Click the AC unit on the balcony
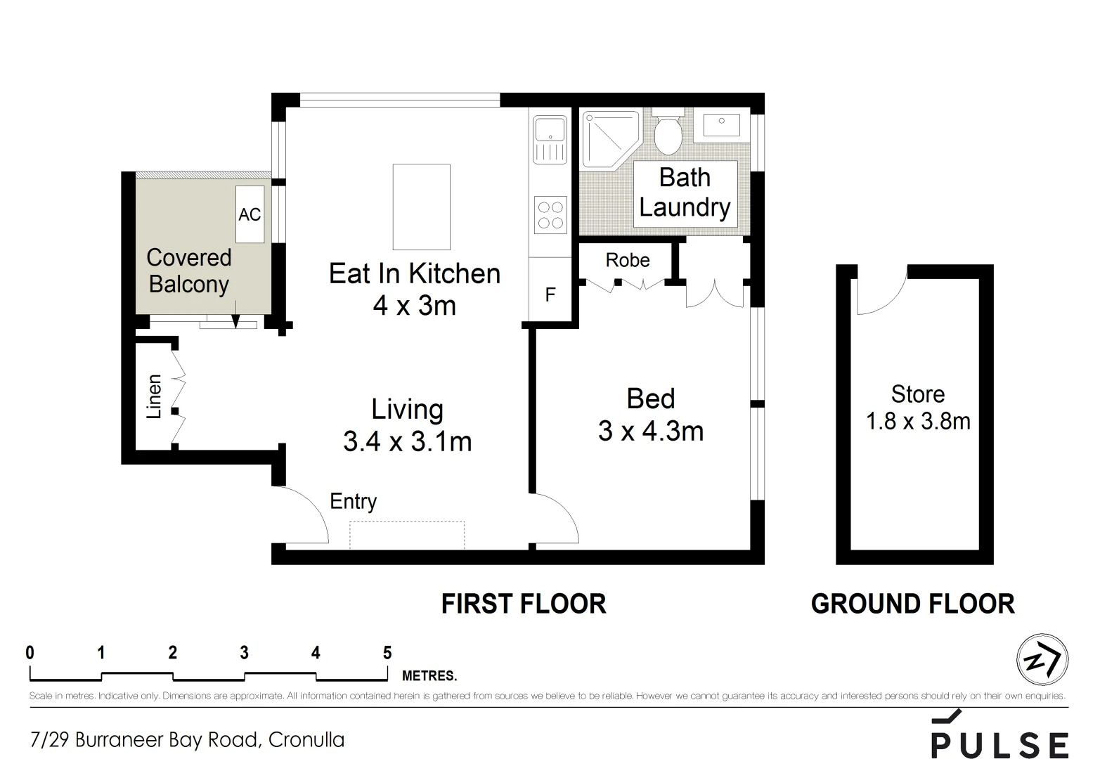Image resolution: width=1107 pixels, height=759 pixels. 250,214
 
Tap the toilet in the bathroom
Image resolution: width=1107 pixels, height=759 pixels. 668,131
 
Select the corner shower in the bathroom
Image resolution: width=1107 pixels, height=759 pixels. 611,140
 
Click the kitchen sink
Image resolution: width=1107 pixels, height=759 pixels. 550,139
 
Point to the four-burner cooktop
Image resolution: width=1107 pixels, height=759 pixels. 550,215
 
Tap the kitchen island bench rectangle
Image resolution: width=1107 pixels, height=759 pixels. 422,207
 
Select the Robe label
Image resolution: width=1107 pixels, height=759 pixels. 628,261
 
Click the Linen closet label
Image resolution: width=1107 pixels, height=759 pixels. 154,397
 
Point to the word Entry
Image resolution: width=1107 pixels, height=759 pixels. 354,502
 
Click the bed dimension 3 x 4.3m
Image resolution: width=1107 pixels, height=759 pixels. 651,432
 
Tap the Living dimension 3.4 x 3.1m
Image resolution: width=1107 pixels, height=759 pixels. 408,441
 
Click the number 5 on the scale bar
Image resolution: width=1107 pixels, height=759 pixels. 387,653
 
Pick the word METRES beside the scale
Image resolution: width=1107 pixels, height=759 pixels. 429,675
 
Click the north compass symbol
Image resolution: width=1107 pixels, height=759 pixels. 1042,660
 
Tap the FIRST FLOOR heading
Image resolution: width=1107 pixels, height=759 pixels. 524,604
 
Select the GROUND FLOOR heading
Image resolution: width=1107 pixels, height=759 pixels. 913,604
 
